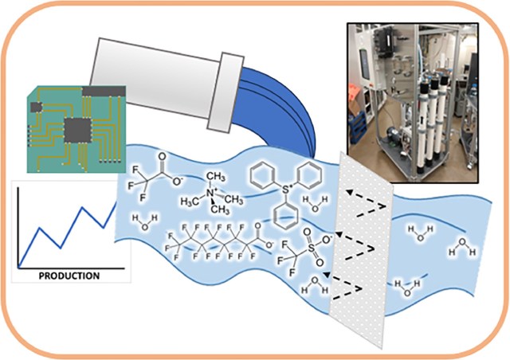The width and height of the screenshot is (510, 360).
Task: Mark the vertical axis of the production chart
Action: click(18, 227)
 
